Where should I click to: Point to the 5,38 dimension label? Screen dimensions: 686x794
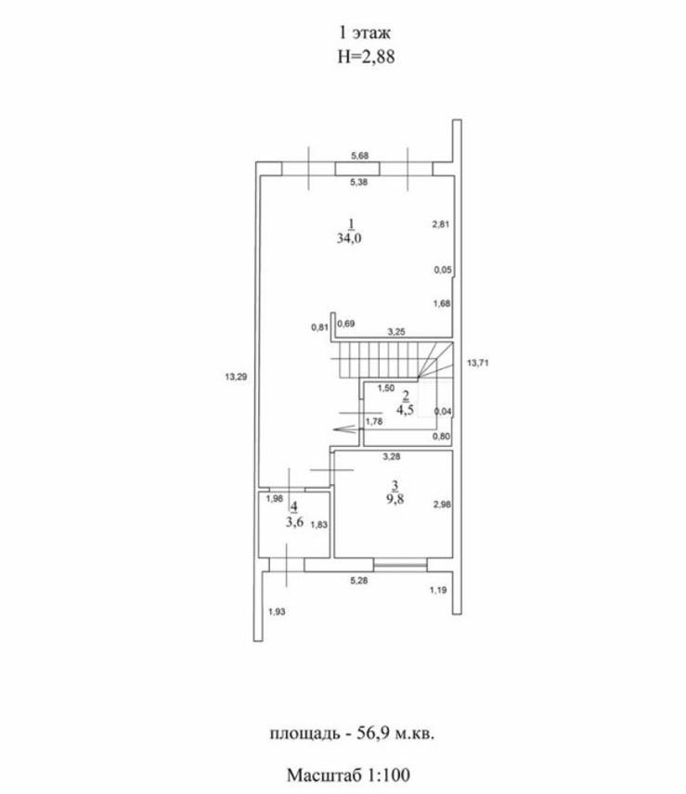[358, 182]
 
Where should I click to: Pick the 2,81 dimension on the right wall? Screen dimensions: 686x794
[441, 224]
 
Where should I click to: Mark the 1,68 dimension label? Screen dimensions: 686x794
[441, 303]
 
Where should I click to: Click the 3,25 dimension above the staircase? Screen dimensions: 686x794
[395, 330]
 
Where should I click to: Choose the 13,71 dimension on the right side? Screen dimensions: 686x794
[477, 363]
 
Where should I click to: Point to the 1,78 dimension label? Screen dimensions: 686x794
[374, 421]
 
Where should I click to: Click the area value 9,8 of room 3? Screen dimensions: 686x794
[395, 496]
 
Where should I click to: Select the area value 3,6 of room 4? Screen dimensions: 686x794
[294, 521]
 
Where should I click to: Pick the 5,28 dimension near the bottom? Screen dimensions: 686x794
[358, 581]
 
